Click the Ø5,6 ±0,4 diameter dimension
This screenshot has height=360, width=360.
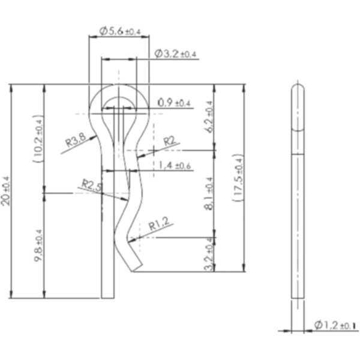click(119, 31)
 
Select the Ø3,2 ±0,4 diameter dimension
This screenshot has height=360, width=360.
click(175, 54)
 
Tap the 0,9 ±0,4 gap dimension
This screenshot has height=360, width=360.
click(173, 103)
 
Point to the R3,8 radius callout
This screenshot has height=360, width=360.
click(77, 142)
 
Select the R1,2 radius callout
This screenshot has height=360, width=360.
click(159, 226)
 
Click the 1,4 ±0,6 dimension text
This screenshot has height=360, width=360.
click(175, 166)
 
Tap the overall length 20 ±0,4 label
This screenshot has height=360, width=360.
click(7, 190)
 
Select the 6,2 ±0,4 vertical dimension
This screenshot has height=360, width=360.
click(209, 117)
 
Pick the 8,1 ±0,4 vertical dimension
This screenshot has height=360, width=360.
click(209, 193)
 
